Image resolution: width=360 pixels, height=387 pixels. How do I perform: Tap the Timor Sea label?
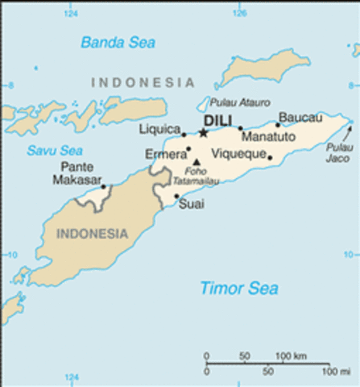pyautogui.click(x=238, y=288)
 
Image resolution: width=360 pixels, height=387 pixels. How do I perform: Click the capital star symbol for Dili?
pyautogui.click(x=204, y=133)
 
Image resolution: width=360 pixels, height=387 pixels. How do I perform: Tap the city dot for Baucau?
pyautogui.click(x=278, y=124)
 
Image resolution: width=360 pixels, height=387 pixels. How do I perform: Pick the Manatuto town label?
pyautogui.click(x=269, y=137)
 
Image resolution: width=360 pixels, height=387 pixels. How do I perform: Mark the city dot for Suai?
pyautogui.click(x=177, y=195)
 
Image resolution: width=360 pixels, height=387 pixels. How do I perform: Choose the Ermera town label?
pyautogui.click(x=163, y=153)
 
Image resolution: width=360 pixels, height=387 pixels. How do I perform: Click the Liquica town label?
pyautogui.click(x=159, y=129)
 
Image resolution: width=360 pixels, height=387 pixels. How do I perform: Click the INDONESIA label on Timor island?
pyautogui.click(x=93, y=234)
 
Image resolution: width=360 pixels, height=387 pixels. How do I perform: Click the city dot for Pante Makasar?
pyautogui.click(x=103, y=187)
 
